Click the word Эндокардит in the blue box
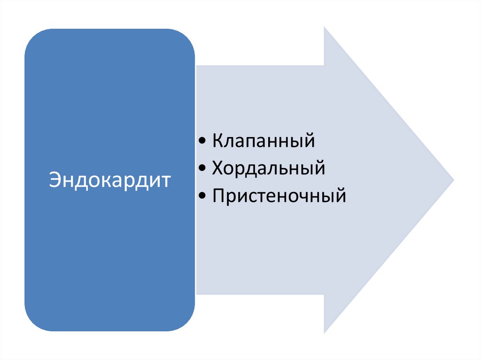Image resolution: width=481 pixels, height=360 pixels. point(109,180)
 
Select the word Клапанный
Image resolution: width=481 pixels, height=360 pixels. point(263,141)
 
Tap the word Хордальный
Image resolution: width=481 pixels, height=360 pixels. point(268,168)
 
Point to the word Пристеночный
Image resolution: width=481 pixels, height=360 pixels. point(279,195)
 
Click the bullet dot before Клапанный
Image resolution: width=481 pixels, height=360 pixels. point(202,141)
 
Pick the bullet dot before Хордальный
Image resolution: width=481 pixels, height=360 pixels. point(202,169)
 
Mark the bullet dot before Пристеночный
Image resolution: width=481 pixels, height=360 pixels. point(202,196)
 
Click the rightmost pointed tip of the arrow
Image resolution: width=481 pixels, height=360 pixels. point(453,180)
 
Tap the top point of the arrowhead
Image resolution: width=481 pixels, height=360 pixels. point(325,28)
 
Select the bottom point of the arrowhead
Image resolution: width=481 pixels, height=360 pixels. point(325,332)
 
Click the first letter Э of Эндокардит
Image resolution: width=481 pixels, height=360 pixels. point(54,180)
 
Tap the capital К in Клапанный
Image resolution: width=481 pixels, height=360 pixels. point(217,141)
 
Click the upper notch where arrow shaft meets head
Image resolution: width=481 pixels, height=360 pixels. point(325,66)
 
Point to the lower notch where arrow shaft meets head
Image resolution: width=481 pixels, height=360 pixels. point(325,294)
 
